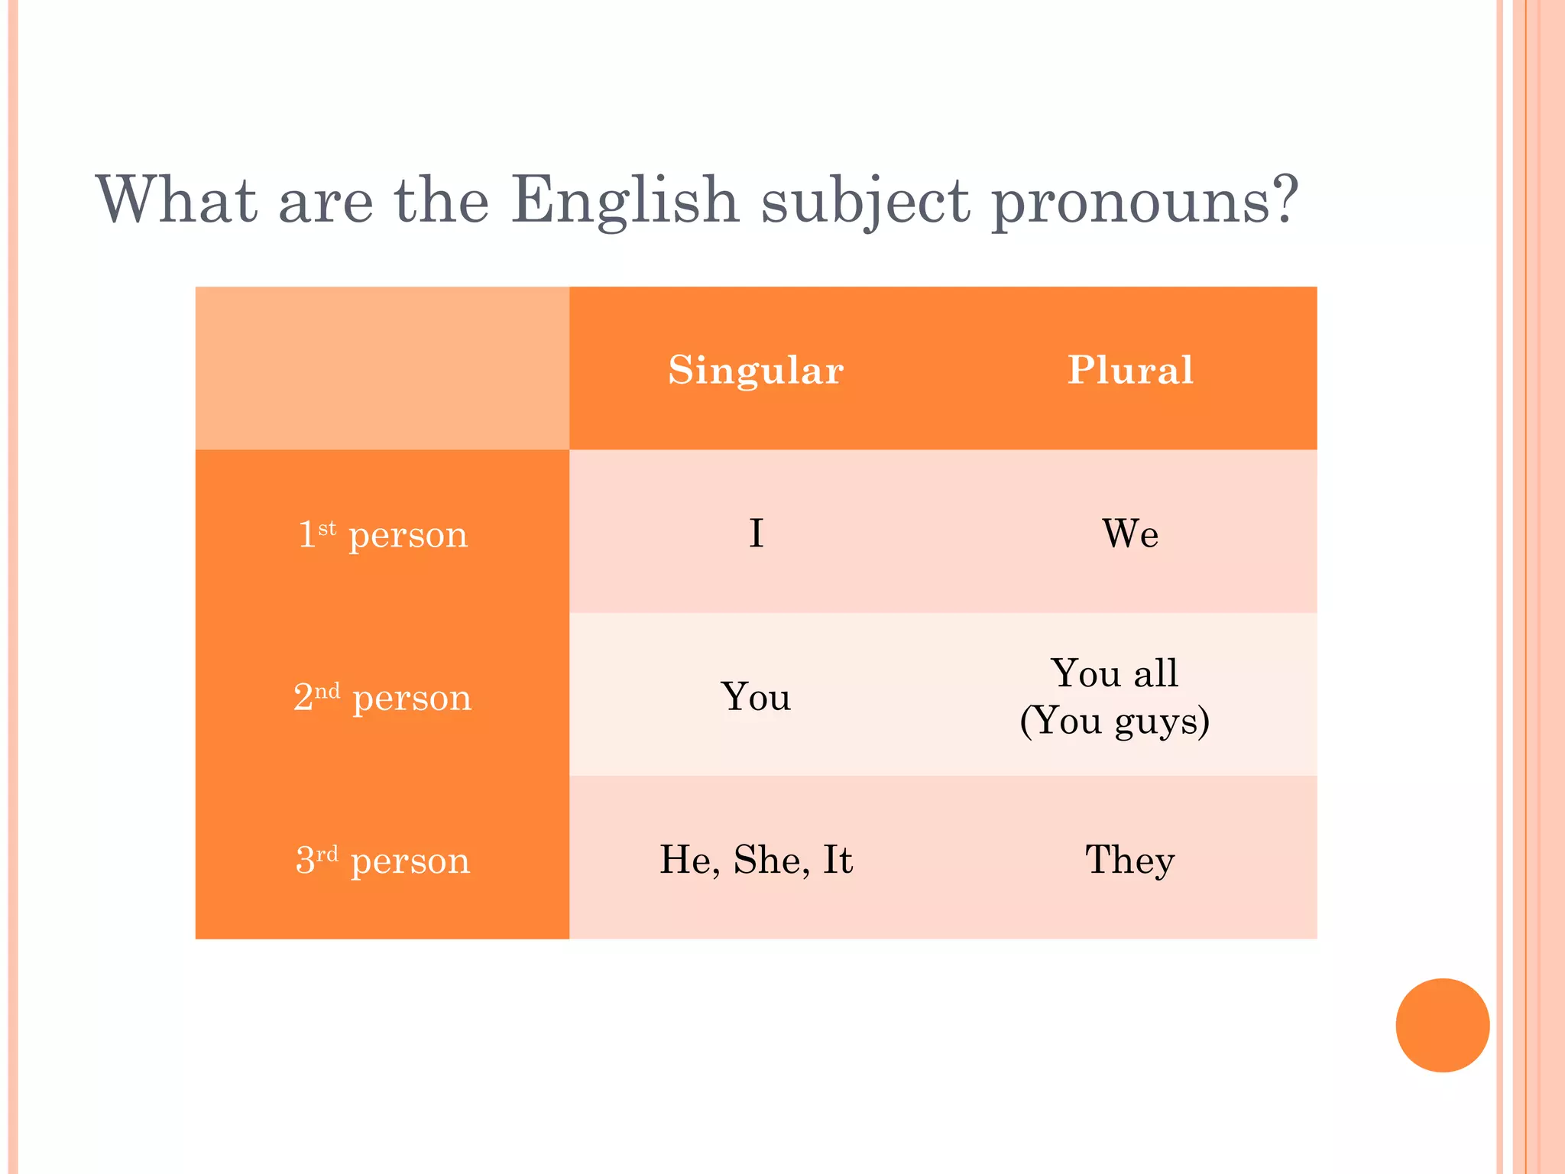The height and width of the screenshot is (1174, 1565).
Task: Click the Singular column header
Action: click(755, 370)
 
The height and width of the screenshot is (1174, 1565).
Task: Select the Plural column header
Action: click(1129, 370)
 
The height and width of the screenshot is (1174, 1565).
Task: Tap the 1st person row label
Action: click(382, 533)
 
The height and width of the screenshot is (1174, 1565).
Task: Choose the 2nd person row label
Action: click(382, 696)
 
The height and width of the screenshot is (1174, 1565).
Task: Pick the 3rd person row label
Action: click(382, 860)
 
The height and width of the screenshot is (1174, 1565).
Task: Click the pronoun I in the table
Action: click(756, 533)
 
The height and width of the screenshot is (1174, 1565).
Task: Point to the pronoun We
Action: click(1129, 533)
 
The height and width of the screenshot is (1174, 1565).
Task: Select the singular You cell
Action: click(755, 696)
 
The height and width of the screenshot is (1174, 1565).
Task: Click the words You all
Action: click(1114, 673)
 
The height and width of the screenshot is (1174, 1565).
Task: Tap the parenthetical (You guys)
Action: click(1114, 721)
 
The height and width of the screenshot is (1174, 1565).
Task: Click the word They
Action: click(1129, 860)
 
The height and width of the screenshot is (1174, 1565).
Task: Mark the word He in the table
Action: click(689, 860)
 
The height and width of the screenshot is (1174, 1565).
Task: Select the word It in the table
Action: click(838, 860)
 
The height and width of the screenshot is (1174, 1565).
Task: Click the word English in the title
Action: click(624, 200)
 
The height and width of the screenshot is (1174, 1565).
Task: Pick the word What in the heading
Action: click(177, 200)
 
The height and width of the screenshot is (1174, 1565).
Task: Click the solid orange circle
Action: click(1442, 1025)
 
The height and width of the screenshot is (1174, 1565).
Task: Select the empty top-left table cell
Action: click(382, 368)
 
